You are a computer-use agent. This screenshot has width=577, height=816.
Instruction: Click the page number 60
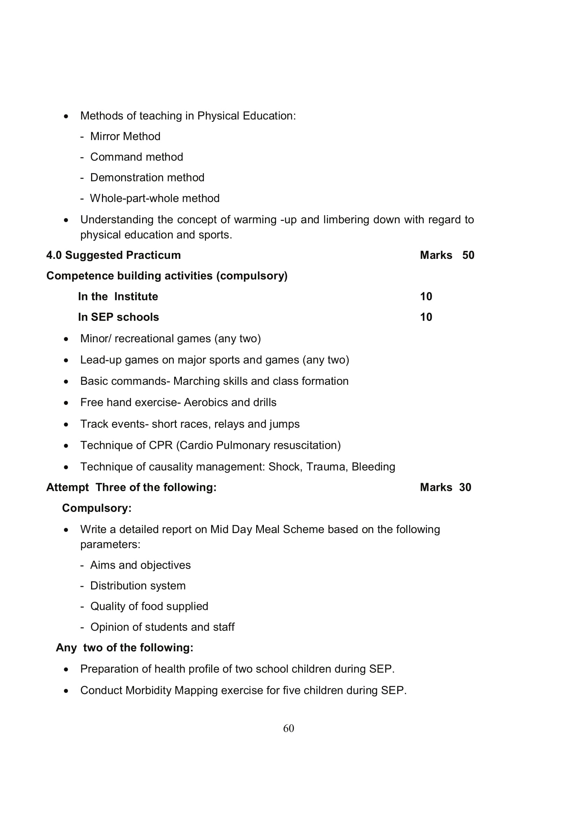tap(288, 728)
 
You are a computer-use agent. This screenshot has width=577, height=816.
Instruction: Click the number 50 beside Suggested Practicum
tap(468, 255)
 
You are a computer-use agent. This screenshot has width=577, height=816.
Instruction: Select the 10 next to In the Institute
tap(426, 296)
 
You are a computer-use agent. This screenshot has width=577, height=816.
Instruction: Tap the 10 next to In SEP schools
tap(426, 317)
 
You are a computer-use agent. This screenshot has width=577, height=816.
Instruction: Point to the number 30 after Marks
tap(465, 487)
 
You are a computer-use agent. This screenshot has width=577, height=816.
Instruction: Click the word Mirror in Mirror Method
tap(105, 136)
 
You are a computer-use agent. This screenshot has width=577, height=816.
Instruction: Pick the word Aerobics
tap(206, 402)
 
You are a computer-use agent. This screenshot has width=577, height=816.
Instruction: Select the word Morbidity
tap(148, 690)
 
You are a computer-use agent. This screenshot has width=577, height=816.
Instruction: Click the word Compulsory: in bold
tap(97, 508)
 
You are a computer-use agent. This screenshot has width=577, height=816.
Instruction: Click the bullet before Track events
tap(66, 424)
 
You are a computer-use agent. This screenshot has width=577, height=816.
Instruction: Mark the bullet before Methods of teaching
tap(66, 116)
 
